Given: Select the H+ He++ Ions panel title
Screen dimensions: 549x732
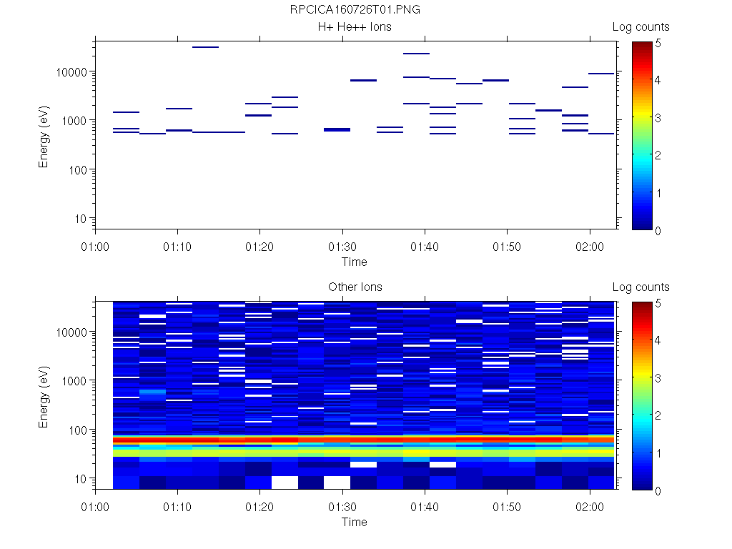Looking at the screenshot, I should point(355,27).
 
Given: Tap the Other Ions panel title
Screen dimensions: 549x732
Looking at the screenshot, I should point(355,287).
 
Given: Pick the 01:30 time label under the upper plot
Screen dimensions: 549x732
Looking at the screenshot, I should point(342,247).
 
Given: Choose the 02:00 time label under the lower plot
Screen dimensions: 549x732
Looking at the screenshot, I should point(589,507).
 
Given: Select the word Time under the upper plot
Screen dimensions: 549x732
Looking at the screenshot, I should point(355,262).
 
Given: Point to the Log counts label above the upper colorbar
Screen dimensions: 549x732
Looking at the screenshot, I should point(640,27).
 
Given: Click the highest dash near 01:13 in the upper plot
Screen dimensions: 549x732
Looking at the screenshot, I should point(205,47).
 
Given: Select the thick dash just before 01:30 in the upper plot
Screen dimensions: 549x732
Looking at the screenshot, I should point(337,129).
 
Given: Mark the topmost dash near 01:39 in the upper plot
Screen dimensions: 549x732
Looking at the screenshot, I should point(416,54).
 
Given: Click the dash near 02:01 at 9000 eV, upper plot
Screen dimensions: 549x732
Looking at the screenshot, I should point(601,74).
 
